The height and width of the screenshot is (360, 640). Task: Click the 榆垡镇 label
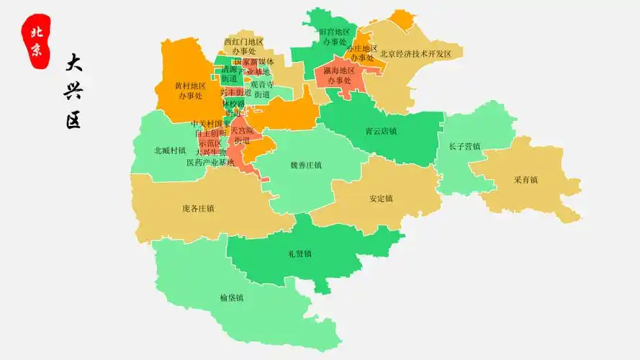tap(232, 297)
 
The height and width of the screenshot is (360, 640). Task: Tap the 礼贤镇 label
tap(299, 253)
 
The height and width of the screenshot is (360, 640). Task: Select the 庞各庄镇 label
tap(198, 209)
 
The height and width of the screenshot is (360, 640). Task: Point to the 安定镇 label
tap(381, 199)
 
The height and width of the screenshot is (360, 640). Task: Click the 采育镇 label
tap(526, 180)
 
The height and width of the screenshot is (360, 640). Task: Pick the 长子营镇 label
tap(464, 147)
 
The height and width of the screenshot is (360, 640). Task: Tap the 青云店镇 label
tap(381, 132)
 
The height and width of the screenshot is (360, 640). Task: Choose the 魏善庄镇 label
tap(305, 165)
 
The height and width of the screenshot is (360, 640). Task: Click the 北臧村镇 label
tap(170, 151)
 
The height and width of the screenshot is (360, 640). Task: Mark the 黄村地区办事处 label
tap(190, 90)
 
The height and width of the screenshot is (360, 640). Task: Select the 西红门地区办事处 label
tap(243, 47)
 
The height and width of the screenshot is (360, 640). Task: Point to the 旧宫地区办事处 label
tap(334, 37)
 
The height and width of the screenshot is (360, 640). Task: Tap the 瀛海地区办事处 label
tap(338, 76)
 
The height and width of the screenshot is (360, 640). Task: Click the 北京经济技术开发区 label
tap(415, 54)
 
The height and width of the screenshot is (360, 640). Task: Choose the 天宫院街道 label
tap(242, 135)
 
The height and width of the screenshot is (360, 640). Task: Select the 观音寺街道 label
tap(261, 89)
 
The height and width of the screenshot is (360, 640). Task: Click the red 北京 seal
tap(36, 40)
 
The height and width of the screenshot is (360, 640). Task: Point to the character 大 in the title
tap(73, 63)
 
